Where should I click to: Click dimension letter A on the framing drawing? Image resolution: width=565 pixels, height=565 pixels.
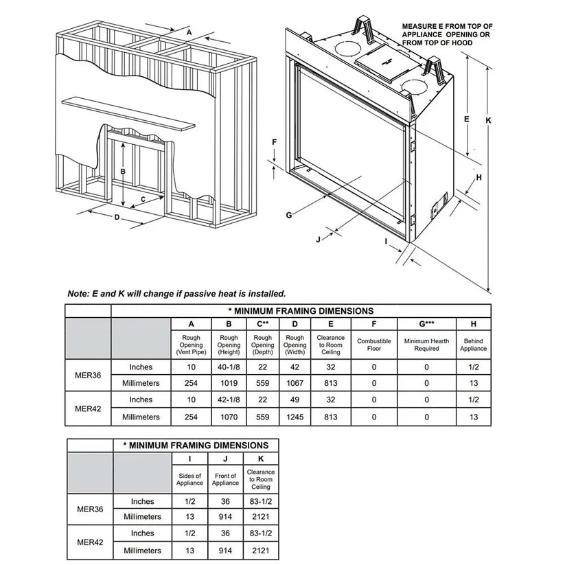(188, 31)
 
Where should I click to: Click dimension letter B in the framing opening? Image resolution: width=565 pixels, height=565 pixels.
(123, 171)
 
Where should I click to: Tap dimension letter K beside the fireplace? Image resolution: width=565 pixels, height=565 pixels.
(487, 119)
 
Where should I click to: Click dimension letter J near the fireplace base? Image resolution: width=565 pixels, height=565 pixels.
(318, 239)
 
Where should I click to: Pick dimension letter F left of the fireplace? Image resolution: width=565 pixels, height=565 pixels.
(274, 142)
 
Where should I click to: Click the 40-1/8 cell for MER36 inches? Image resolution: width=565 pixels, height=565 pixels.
(229, 367)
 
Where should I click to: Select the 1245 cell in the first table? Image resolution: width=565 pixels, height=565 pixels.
(295, 417)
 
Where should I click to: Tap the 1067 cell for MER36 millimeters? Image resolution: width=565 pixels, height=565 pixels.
(295, 383)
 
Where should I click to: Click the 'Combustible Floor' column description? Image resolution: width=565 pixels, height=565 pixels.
(374, 345)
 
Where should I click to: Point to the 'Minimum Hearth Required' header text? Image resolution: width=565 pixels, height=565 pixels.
(426, 345)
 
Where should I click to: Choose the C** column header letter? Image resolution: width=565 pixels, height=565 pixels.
(262, 323)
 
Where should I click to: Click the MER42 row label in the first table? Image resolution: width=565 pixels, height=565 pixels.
(89, 408)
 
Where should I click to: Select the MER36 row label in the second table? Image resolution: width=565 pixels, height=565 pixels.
(89, 509)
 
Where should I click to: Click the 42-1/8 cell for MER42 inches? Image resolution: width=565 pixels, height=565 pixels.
(229, 400)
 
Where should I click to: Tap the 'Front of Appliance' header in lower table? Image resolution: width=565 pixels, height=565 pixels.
(225, 479)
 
